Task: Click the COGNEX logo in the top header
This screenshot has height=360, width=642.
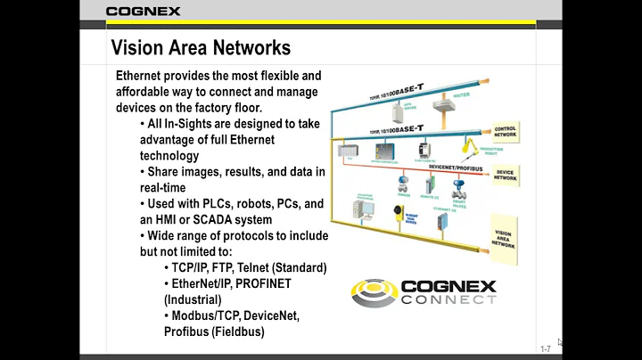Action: pyautogui.click(x=143, y=11)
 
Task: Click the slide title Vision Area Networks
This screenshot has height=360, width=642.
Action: pyautogui.click(x=200, y=46)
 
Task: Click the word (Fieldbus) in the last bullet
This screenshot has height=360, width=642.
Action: pyautogui.click(x=236, y=331)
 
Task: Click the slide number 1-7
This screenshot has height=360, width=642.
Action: pyautogui.click(x=545, y=348)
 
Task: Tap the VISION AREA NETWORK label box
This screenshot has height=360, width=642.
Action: pyautogui.click(x=506, y=235)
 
